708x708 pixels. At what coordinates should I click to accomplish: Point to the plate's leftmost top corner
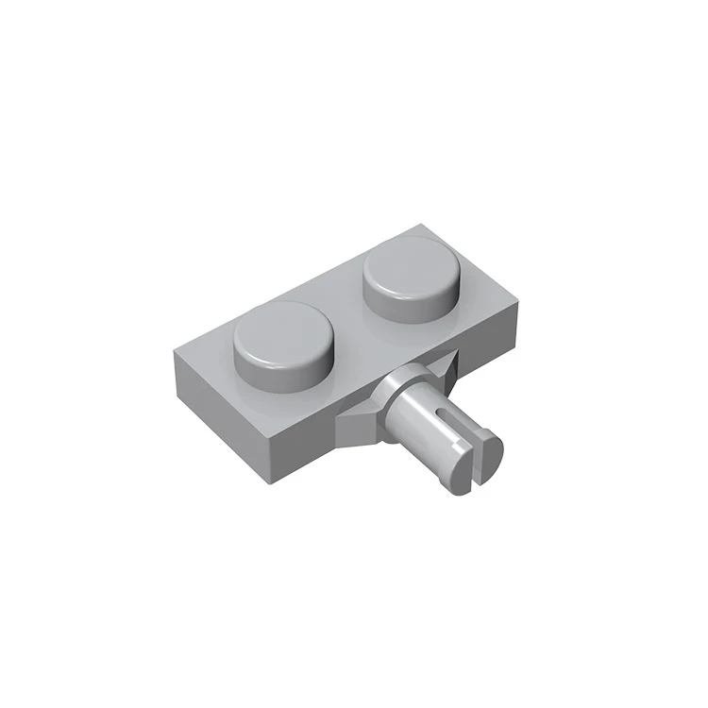point(173,351)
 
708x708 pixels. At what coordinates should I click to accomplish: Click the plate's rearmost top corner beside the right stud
point(418,225)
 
